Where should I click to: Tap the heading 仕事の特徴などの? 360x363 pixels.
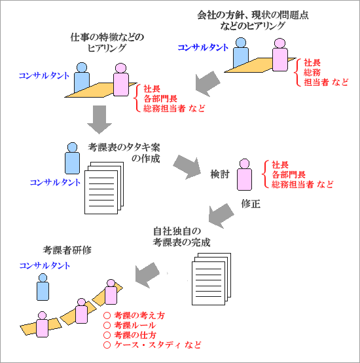pyautogui.click(x=106, y=37)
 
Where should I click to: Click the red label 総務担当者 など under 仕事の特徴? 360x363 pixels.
pyautogui.click(x=174, y=108)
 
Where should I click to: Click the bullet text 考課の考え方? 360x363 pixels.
pyautogui.click(x=139, y=315)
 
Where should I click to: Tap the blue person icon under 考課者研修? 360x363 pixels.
pyautogui.click(x=43, y=286)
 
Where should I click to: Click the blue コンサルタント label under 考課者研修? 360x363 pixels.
pyautogui.click(x=45, y=265)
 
